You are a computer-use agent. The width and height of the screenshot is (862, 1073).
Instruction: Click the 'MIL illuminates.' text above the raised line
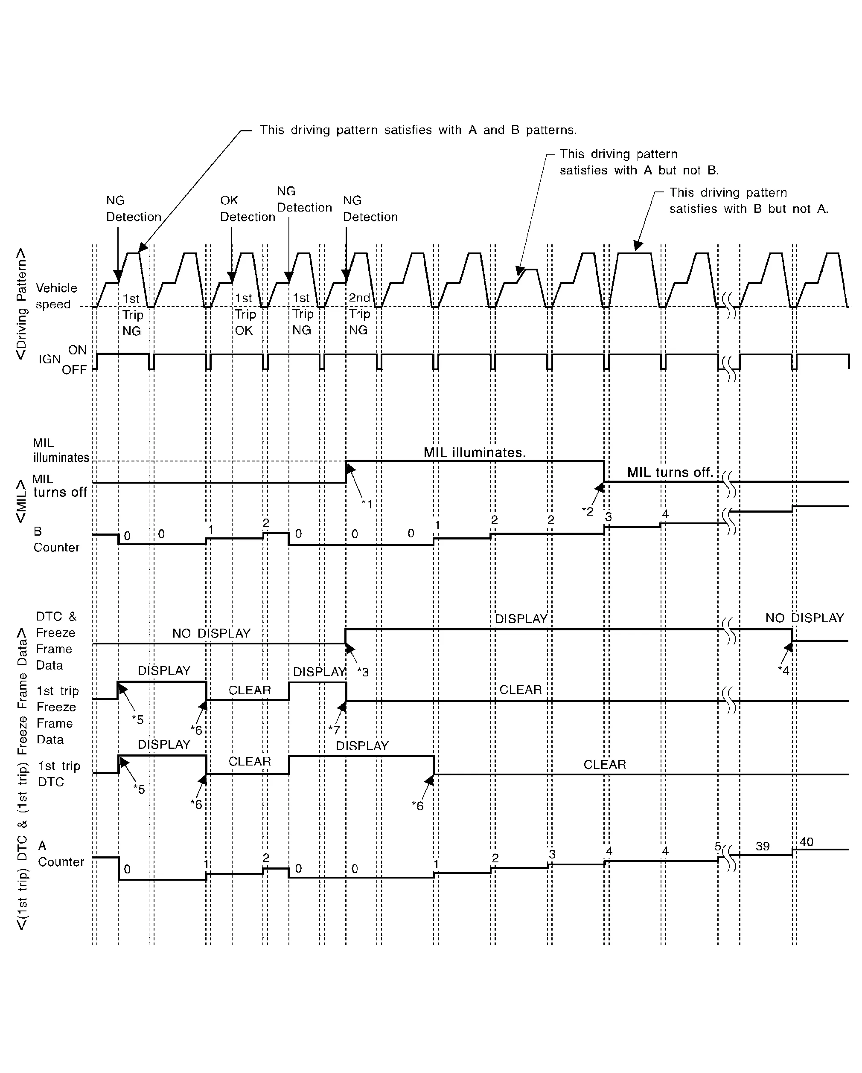coord(475,452)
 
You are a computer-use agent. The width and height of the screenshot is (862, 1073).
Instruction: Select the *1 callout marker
coord(367,504)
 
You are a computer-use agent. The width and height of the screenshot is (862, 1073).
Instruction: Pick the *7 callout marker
coord(334,730)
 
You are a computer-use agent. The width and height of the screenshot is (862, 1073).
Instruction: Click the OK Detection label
coord(247,209)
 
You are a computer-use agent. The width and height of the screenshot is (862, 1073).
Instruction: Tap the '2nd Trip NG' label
coord(359,314)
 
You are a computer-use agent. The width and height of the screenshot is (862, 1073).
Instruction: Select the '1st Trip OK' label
coord(244,314)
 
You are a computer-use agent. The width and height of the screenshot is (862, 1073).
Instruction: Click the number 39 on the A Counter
coord(763,846)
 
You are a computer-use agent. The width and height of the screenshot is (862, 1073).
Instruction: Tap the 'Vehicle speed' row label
coord(56,296)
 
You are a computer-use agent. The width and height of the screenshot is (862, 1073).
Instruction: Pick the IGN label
coord(50,360)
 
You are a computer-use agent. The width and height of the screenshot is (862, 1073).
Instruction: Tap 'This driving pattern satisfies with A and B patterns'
coord(418,130)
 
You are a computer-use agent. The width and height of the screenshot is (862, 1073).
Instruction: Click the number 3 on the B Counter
coord(608,517)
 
